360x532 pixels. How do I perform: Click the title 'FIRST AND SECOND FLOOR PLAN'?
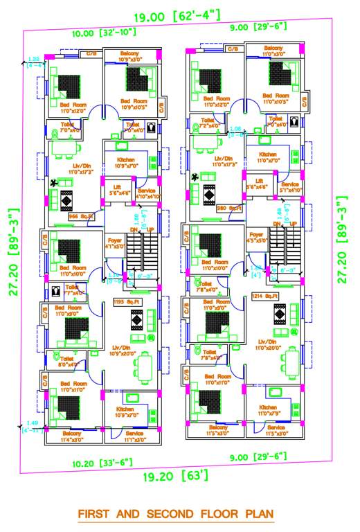click(x=175, y=515)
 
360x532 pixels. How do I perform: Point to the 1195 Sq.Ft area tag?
click(x=127, y=302)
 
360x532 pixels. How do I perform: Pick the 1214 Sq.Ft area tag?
click(x=265, y=296)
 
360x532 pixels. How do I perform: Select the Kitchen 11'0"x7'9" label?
click(x=269, y=411)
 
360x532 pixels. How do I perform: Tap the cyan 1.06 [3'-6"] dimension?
click(x=235, y=132)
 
